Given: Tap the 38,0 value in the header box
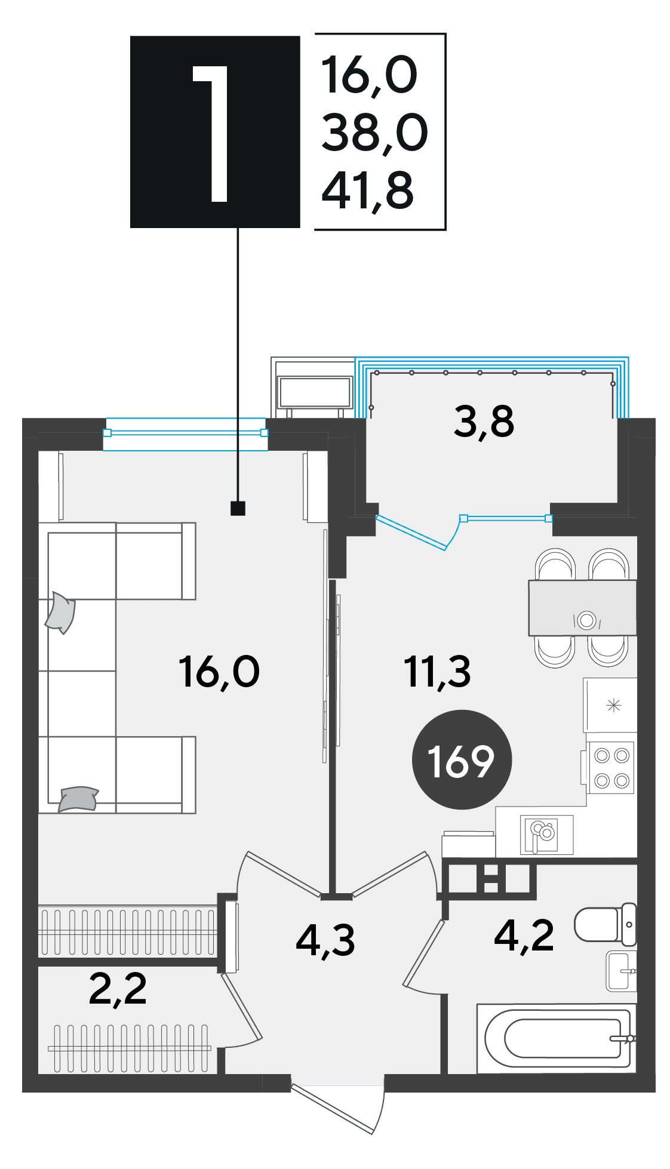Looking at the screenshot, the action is point(374,133).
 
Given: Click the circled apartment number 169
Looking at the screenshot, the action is point(462,760).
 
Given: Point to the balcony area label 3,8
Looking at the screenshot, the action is point(484,422).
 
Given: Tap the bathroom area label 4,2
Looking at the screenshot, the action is point(524,935).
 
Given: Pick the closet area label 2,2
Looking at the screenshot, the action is point(118,989).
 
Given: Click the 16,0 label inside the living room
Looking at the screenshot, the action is point(219,672).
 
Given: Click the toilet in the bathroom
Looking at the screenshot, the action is point(606,924).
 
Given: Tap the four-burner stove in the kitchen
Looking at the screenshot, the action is point(610,768).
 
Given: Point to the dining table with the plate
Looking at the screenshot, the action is point(582,608).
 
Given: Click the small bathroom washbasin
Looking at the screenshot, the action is point(621,971).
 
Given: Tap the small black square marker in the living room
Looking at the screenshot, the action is point(238,508).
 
